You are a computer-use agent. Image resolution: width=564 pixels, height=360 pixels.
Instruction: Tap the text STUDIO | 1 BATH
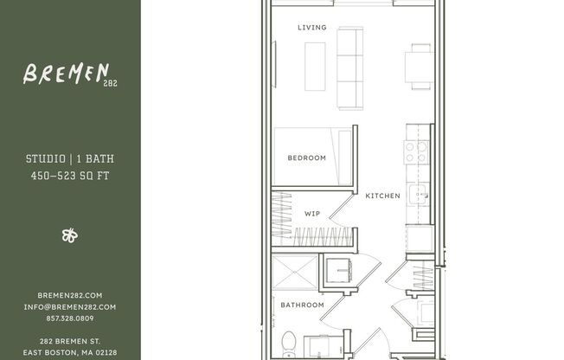pos(69,159)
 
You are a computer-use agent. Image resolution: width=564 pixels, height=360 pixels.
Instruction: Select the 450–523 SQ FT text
pos(69,177)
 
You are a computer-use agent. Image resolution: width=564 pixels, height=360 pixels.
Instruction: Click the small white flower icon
pos(70,235)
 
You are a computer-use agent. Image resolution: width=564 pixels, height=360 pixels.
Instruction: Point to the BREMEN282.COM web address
pos(70,295)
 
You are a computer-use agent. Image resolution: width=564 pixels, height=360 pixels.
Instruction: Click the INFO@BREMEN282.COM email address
pos(70,306)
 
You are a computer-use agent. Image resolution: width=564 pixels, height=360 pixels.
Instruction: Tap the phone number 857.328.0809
pos(70,318)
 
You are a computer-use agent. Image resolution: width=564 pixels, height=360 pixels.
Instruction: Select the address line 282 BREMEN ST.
pos(70,341)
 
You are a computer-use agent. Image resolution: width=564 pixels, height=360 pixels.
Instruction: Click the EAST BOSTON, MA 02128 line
pos(70,352)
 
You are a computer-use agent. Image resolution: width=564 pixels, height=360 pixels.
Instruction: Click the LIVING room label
pos(312,28)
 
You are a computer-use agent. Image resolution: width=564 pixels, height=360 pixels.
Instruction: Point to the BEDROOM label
pos(306,157)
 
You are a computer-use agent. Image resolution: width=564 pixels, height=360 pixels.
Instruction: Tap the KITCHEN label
pos(382,196)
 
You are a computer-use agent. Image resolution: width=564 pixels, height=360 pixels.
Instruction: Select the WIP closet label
pos(312,213)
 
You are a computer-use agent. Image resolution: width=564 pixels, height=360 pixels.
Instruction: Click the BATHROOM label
pos(302,305)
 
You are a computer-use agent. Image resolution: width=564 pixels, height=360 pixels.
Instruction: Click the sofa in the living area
pos(349,67)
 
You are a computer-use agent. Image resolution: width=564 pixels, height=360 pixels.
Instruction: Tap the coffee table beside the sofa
pos(315,66)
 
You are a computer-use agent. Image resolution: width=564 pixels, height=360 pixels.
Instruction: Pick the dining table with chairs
pos(420,67)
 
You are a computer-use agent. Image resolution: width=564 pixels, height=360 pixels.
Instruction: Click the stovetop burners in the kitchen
pos(417,153)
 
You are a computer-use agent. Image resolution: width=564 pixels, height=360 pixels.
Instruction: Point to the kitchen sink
pos(419,195)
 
